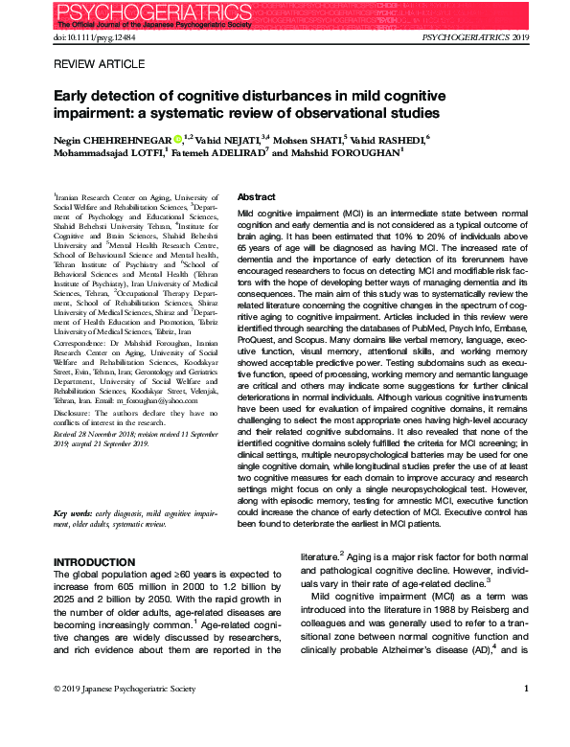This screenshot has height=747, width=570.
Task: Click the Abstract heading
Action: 256,195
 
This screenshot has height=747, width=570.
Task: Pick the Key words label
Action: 75,514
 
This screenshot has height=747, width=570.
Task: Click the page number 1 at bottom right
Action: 526,689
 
